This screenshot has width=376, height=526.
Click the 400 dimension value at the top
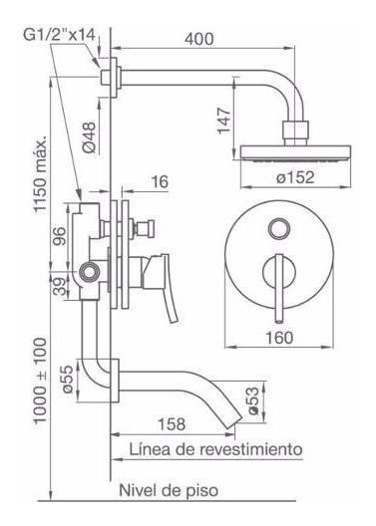click(198, 39)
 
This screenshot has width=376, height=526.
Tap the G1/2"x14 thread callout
click(60, 35)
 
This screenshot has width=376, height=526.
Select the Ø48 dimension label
click(89, 137)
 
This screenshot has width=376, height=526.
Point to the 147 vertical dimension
click(224, 121)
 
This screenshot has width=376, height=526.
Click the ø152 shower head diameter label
click(295, 177)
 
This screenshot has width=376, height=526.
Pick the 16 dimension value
click(160, 182)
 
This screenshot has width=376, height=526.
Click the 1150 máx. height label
click(40, 172)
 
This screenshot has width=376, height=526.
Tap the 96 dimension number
click(60, 236)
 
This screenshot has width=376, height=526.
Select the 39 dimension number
click(60, 286)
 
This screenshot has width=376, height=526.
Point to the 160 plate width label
click(279, 338)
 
